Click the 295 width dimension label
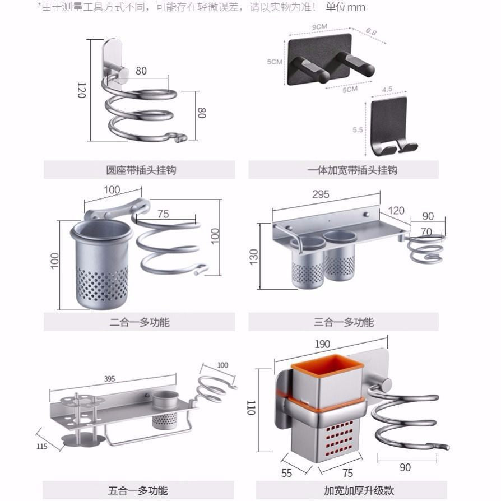[x=321, y=195]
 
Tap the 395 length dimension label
[x=109, y=379]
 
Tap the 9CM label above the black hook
[x=319, y=26]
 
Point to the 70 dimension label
[x=426, y=231]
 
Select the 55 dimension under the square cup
[x=286, y=473]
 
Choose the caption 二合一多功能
[x=140, y=322]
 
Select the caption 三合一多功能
[x=344, y=322]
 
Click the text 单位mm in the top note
[x=345, y=7]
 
